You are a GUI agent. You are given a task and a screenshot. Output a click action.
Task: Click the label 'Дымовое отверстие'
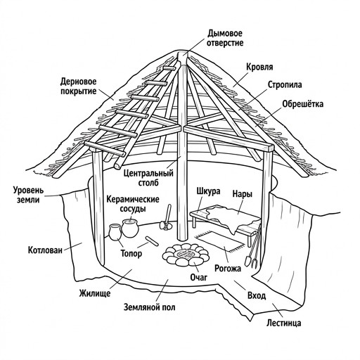[225, 38]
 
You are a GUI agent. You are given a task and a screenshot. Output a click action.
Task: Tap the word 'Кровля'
[259, 67]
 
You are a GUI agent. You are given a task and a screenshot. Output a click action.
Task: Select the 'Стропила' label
[285, 84]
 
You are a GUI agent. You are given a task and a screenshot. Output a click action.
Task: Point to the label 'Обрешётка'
[302, 104]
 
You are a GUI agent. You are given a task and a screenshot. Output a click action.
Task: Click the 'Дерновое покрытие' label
[79, 86]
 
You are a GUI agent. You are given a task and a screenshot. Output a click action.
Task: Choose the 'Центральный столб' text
[148, 178]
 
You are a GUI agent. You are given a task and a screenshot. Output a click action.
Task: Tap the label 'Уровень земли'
[28, 195]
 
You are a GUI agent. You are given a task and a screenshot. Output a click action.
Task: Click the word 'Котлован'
[45, 250]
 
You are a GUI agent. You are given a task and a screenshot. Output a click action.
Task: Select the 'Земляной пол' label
[150, 307]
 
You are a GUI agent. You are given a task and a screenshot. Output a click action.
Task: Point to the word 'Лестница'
[283, 323]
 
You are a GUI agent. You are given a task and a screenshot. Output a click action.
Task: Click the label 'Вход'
[257, 296]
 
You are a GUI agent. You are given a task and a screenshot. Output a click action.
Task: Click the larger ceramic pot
[129, 228]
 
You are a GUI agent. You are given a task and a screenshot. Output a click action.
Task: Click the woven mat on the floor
[220, 241]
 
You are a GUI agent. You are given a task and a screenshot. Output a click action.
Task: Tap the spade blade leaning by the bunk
[247, 262]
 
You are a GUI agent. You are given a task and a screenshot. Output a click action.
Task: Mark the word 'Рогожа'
[228, 269]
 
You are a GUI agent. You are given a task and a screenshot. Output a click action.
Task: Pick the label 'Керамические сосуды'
[133, 204]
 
